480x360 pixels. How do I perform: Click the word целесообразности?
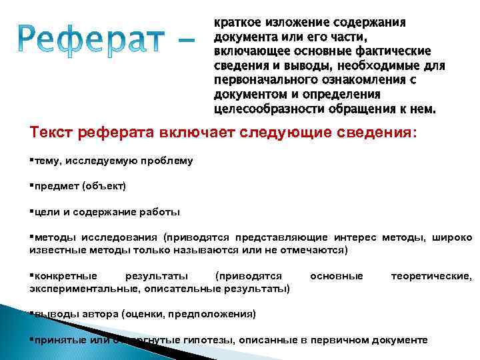(261, 109)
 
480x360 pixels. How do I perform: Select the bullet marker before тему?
(31, 160)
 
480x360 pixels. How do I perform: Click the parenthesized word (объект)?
(103, 186)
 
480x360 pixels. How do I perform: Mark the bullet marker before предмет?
(31, 186)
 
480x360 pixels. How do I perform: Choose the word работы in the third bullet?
(161, 212)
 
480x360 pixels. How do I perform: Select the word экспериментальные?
(74, 288)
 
